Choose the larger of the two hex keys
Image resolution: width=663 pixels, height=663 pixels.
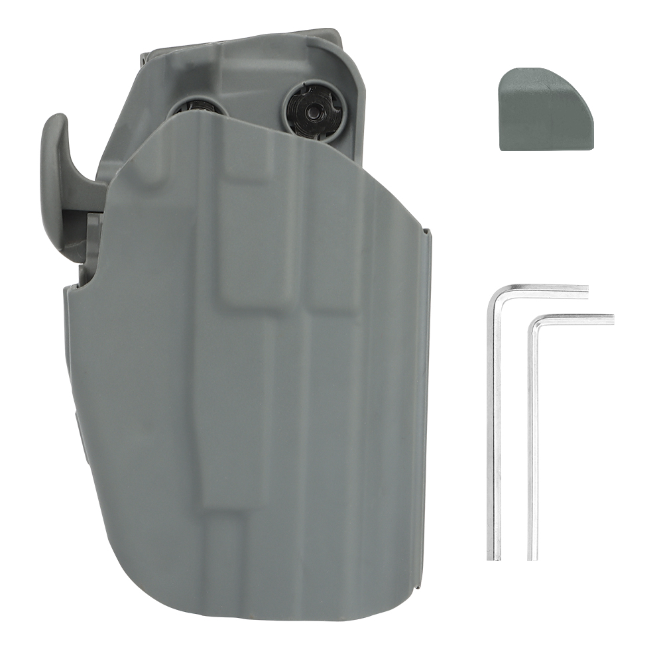click(494, 424)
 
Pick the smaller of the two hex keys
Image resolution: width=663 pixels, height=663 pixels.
click(532, 438)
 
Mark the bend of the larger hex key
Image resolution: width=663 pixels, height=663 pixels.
click(493, 292)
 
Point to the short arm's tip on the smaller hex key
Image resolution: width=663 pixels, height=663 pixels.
click(611, 319)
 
